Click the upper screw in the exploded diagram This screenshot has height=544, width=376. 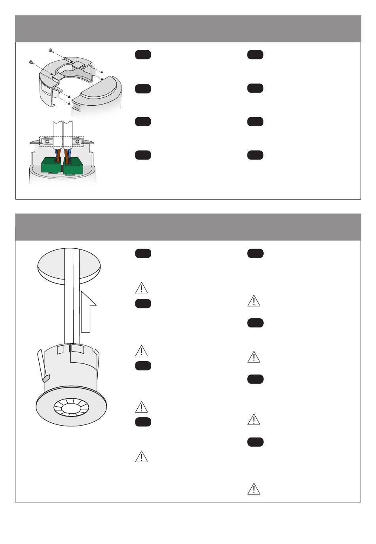tap(51, 50)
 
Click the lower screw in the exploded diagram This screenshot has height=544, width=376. tap(31, 62)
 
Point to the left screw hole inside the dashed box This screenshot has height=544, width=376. tap(47, 141)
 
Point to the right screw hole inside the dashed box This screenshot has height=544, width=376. tap(78, 141)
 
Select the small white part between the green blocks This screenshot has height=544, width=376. tap(62, 173)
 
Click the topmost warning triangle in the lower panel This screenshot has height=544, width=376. tap(141, 287)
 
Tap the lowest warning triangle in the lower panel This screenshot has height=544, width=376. tap(253, 489)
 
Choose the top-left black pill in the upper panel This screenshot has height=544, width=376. tap(143, 55)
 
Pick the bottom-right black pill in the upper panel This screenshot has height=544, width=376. tap(255, 155)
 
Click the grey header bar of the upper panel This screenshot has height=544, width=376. tap(188, 29)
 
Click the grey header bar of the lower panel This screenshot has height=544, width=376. tap(188, 227)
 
